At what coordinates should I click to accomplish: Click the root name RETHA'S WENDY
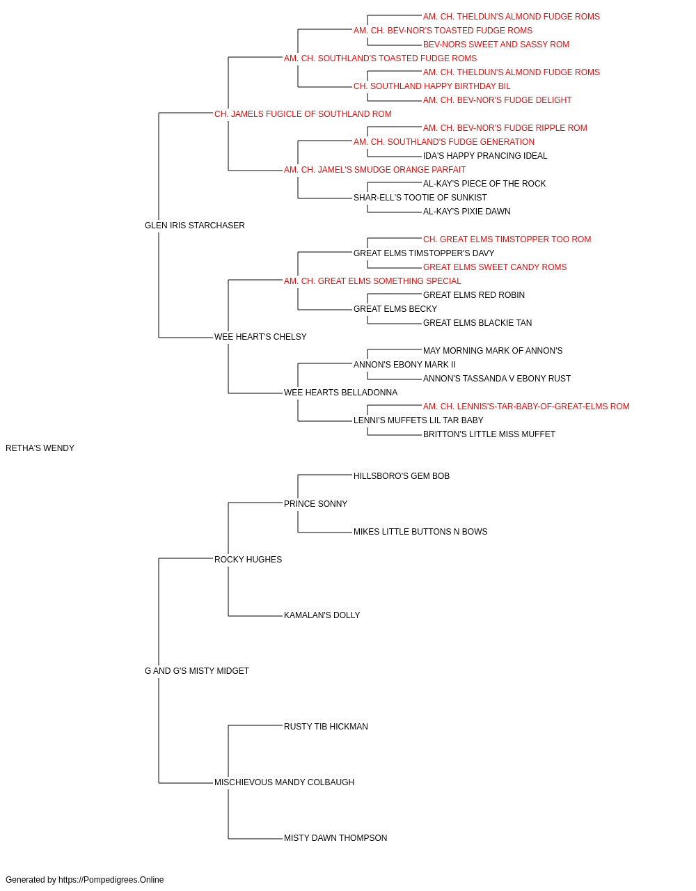click(x=40, y=448)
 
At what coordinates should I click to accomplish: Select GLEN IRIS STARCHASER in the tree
click(x=195, y=226)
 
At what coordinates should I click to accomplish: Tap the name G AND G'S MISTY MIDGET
click(x=197, y=671)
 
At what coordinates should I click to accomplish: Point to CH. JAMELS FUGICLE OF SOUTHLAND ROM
click(x=303, y=114)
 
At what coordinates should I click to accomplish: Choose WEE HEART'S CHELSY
click(x=260, y=337)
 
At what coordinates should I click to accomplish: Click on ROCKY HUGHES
click(x=248, y=559)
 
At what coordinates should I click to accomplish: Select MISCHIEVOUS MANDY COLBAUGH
click(x=284, y=782)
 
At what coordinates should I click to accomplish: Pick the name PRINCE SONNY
click(x=315, y=503)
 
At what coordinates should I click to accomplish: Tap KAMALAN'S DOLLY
click(x=322, y=615)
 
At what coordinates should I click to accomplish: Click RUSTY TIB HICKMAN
click(x=326, y=726)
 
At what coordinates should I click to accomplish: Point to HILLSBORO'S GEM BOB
click(x=402, y=475)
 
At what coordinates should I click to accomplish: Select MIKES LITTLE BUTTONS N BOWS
click(x=420, y=531)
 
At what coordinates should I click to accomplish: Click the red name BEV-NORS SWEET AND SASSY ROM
click(x=496, y=45)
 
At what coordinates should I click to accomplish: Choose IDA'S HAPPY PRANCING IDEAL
click(x=485, y=156)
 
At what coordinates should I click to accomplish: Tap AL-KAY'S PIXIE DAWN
click(x=466, y=211)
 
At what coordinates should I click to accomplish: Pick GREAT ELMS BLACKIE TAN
click(x=477, y=323)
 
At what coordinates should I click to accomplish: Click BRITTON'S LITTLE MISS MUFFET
click(x=489, y=434)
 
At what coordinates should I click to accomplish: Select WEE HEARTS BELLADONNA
click(x=340, y=393)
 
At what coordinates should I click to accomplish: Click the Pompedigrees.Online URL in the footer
click(x=111, y=880)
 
